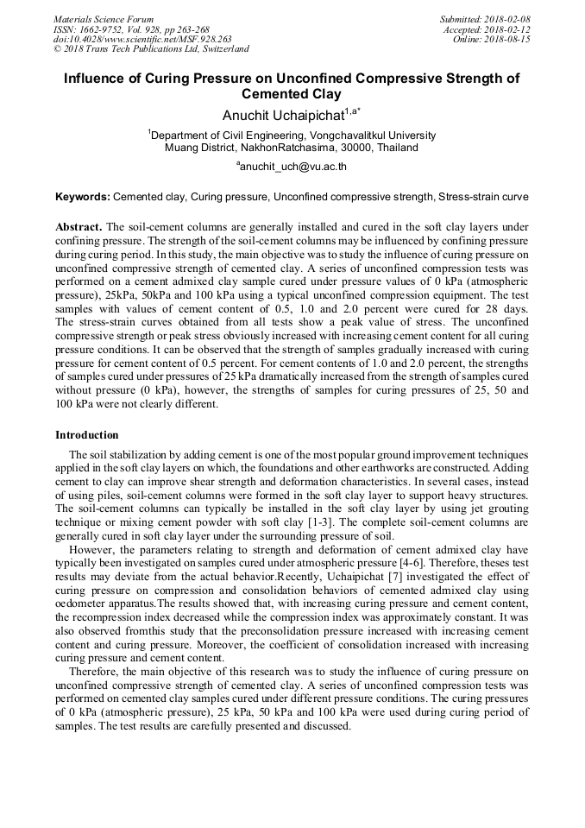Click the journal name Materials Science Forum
tap(104, 19)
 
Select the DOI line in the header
tap(142, 39)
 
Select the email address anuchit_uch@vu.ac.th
tap(293, 166)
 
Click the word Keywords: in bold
tap(83, 197)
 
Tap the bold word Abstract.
tap(78, 227)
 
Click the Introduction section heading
tap(87, 434)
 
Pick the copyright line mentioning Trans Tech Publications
tap(151, 49)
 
